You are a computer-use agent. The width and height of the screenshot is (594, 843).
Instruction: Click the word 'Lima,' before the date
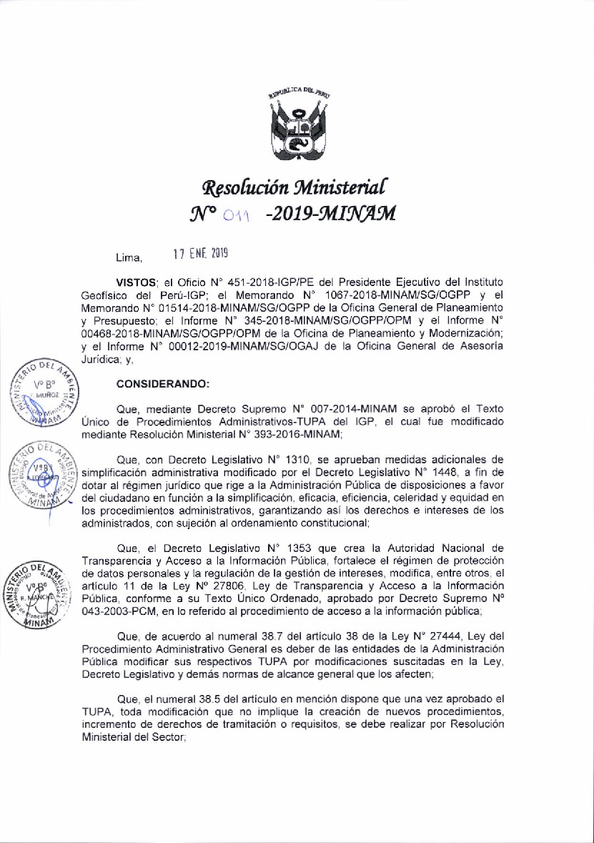(x=129, y=257)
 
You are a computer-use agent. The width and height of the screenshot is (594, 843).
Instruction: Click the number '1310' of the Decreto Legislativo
(x=295, y=459)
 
